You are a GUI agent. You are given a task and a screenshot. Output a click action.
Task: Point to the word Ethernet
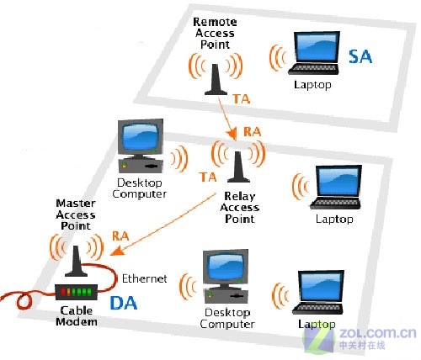pos(145,277)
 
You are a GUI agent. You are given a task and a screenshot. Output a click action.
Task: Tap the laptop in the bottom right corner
pos(317,295)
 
